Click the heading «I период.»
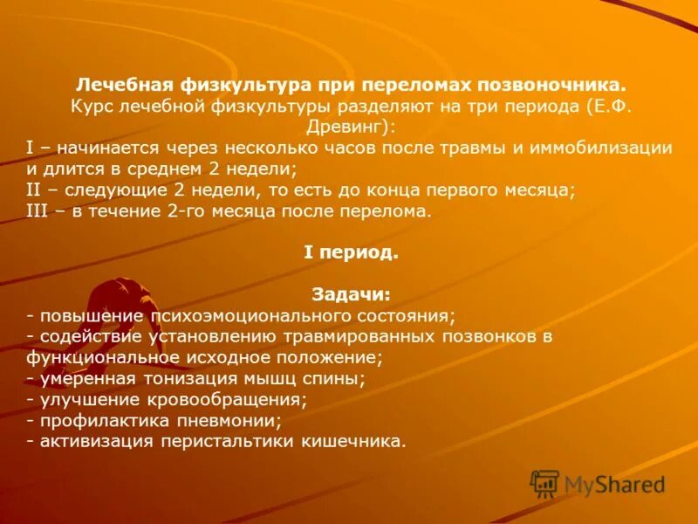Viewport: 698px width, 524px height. tap(350, 252)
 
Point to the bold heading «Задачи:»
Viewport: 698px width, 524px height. tap(350, 294)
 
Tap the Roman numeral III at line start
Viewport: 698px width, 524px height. tap(39, 210)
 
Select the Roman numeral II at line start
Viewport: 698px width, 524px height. tap(36, 190)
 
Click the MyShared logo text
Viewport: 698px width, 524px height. tap(614, 485)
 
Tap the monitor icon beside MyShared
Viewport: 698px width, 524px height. tap(544, 483)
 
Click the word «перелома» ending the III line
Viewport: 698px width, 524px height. tap(393, 210)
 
